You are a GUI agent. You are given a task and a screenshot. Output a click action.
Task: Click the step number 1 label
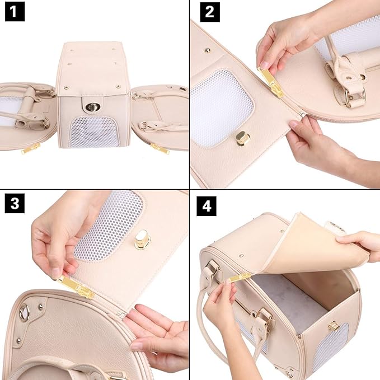[15, 11]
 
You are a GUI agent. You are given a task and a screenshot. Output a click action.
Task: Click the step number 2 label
[209, 11]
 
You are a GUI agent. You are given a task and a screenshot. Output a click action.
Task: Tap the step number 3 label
[15, 204]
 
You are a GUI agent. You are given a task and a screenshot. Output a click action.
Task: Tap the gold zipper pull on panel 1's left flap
[31, 148]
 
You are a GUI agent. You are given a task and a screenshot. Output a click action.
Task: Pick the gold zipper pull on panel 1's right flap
[159, 148]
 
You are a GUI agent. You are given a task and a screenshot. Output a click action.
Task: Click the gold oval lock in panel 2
[243, 138]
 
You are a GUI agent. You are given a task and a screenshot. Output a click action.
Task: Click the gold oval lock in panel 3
[143, 240]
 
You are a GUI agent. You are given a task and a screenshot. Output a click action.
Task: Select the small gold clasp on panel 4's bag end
[334, 326]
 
